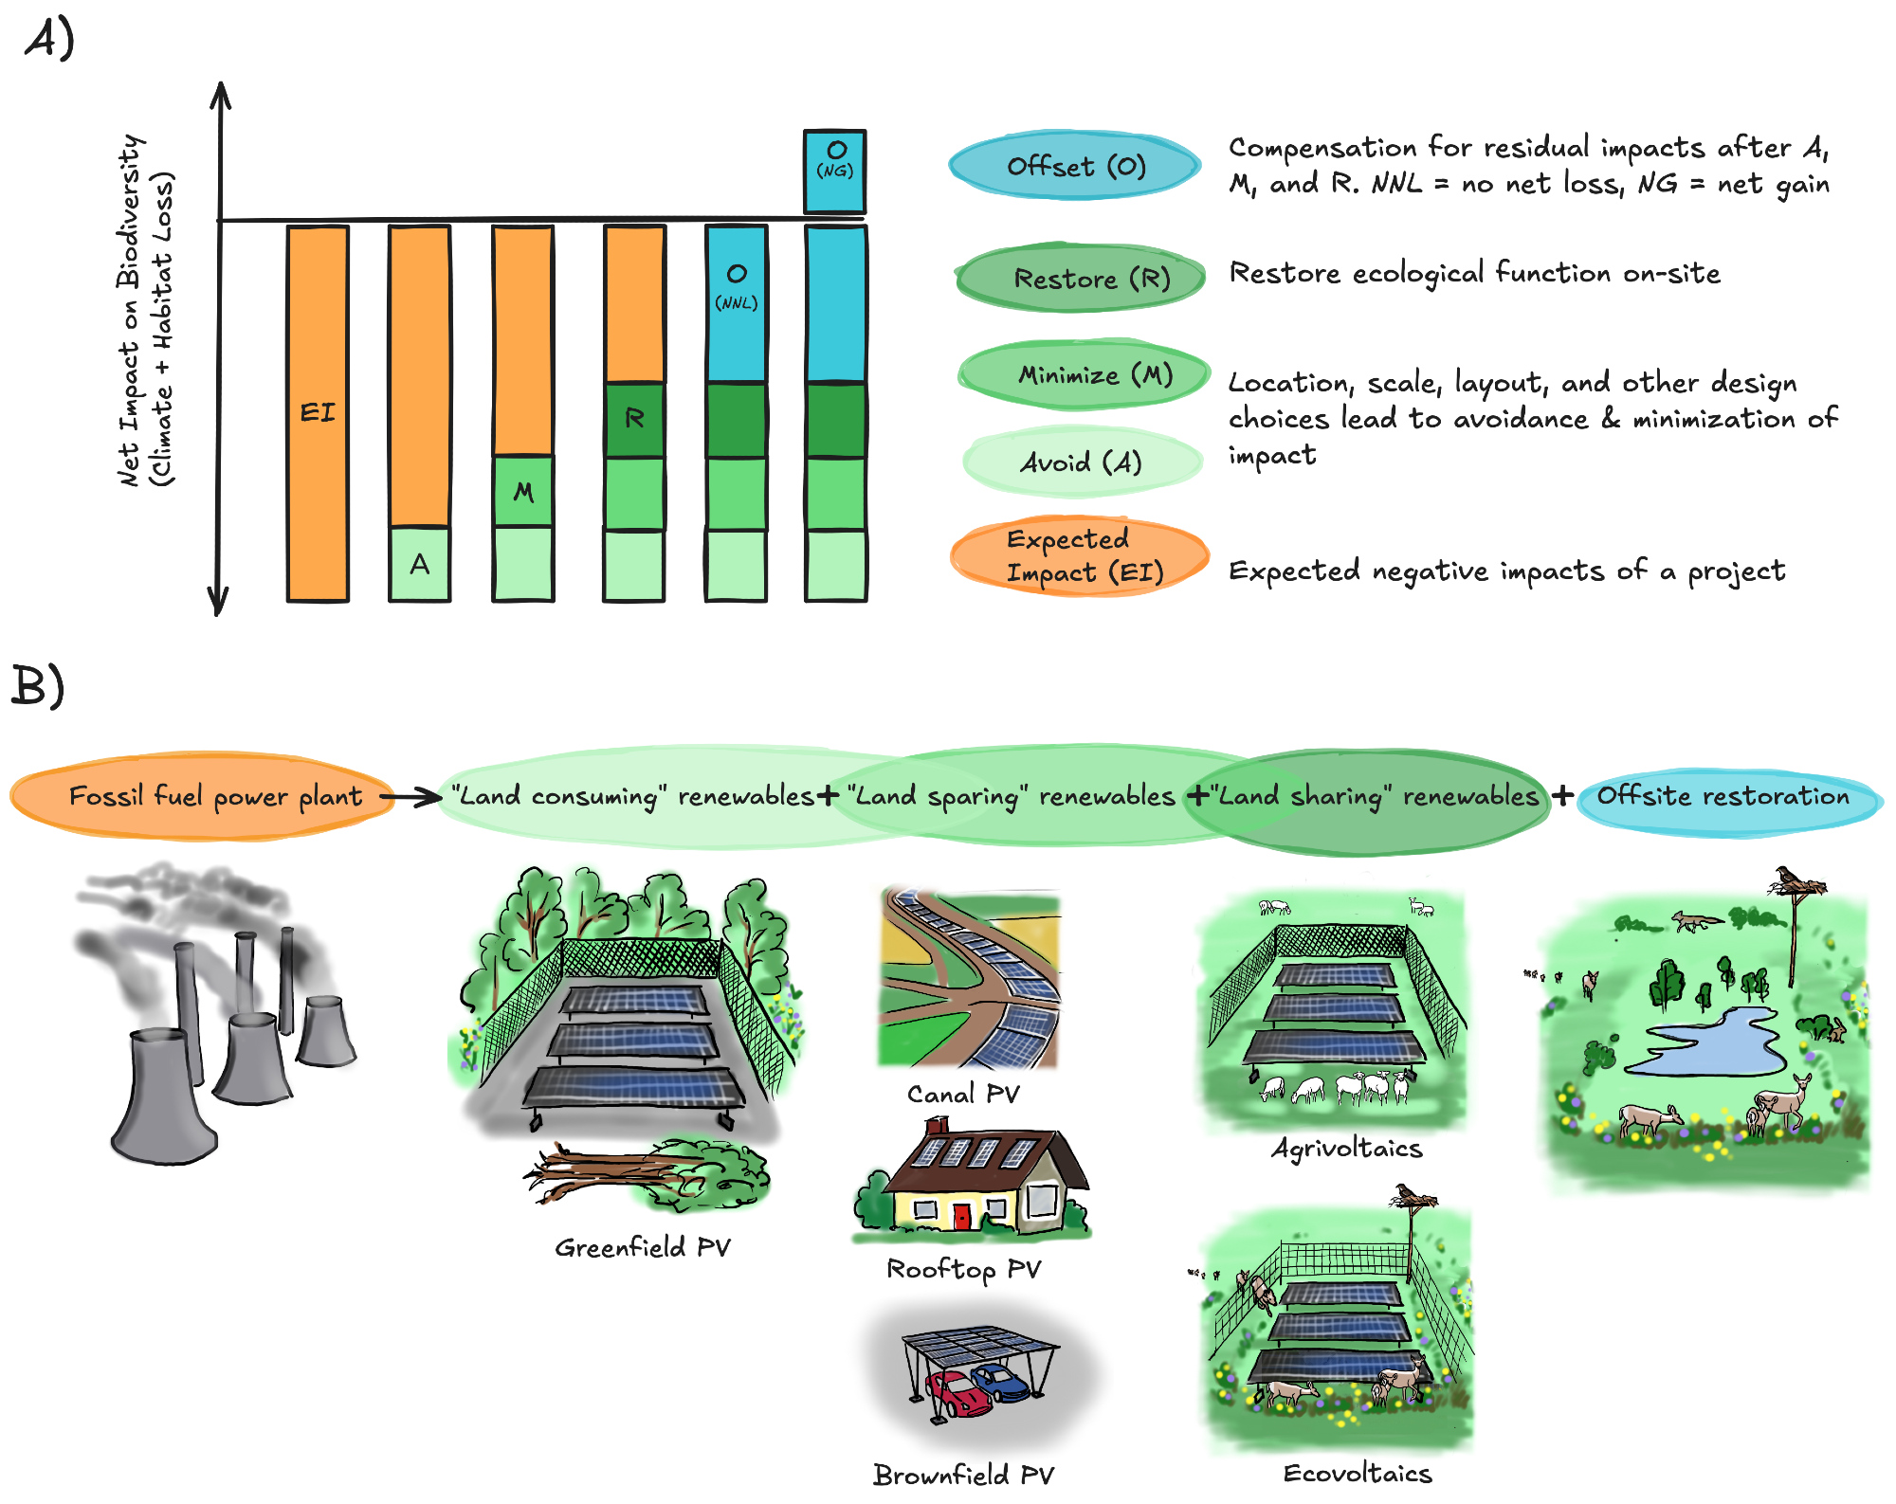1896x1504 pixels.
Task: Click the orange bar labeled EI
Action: (318, 412)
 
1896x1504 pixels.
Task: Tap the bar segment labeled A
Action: (419, 564)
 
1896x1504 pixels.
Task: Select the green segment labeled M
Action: (523, 491)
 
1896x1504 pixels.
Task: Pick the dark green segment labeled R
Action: (634, 419)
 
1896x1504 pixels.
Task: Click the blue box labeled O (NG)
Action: (834, 171)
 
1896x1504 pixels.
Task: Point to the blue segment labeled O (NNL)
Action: (737, 303)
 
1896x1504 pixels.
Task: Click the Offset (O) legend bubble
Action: (1075, 167)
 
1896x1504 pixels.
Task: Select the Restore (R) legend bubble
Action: (1081, 278)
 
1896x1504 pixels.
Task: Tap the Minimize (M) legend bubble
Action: (1085, 374)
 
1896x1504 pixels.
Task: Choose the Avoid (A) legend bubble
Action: (1082, 462)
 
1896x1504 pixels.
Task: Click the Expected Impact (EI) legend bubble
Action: (1080, 556)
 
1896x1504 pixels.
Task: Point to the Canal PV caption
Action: (963, 1095)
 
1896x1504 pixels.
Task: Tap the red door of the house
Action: (961, 1214)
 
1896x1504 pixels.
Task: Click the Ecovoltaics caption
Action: (1357, 1473)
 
